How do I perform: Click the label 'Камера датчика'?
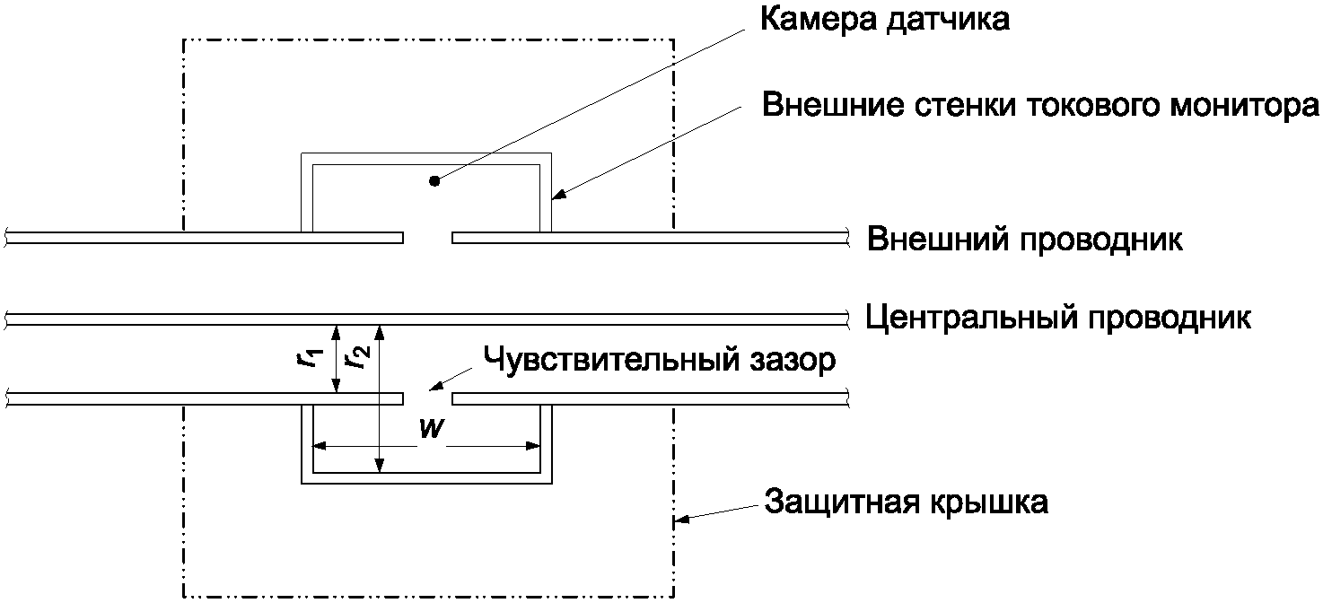point(884,21)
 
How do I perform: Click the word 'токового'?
point(1055,105)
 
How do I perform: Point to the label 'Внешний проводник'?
point(1024,240)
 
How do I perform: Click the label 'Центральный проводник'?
point(1058,318)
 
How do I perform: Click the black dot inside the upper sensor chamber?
point(434,181)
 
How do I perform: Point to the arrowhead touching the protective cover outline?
point(681,518)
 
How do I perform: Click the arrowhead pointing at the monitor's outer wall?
point(556,196)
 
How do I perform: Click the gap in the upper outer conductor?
point(427,238)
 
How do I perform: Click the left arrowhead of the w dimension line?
point(319,446)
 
